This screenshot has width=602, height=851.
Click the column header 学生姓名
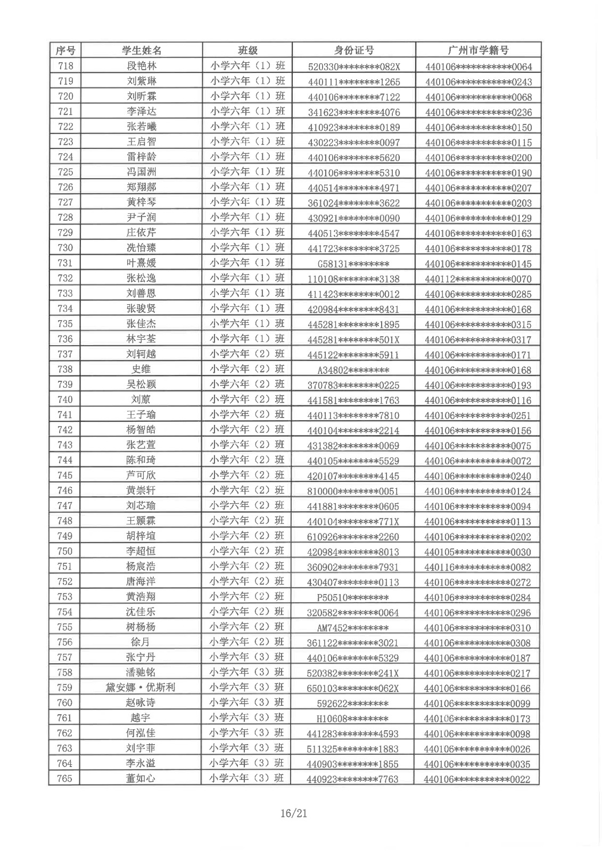[141, 51]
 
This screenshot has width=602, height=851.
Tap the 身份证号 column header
[353, 51]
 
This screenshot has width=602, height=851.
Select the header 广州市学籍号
[478, 51]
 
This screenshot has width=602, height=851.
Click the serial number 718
[65, 66]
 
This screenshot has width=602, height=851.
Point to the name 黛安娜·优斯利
[141, 687]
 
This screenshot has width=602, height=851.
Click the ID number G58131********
[353, 264]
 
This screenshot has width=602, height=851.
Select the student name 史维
[141, 369]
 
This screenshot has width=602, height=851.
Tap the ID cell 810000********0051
[353, 491]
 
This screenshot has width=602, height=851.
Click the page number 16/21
[294, 813]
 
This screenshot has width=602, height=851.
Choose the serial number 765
[64, 778]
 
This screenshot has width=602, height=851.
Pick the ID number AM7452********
[353, 628]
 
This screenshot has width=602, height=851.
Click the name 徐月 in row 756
[141, 642]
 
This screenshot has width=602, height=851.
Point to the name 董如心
[141, 778]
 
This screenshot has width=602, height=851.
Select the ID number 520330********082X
[353, 66]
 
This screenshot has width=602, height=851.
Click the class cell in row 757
[246, 657]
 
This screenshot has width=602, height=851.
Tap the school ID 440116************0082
[477, 567]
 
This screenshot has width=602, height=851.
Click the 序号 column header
[65, 51]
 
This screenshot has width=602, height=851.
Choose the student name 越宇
[141, 718]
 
